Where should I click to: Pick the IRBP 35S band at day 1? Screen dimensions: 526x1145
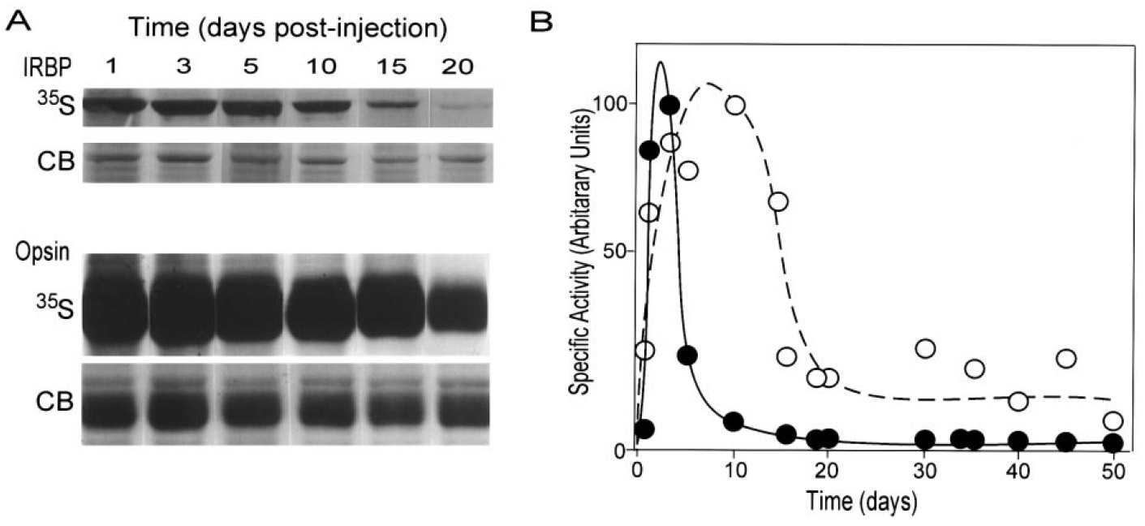tap(114, 105)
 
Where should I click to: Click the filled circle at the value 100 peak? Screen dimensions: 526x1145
tap(669, 105)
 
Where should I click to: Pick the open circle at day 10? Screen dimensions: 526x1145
tap(736, 105)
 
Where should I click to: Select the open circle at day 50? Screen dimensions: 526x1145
tap(1113, 420)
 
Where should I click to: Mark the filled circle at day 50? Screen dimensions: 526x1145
tap(1113, 443)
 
